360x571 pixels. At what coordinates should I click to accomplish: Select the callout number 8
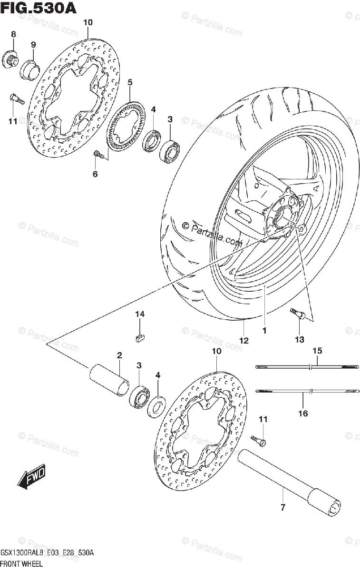[x=13, y=34]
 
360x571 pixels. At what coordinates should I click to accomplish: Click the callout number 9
[x=33, y=45]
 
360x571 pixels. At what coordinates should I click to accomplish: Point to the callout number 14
[x=139, y=314]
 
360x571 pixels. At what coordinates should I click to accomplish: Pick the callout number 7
[x=282, y=508]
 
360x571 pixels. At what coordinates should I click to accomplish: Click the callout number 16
[x=303, y=413]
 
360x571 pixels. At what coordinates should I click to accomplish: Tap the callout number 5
[x=129, y=82]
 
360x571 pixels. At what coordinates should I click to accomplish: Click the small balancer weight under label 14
[x=139, y=338]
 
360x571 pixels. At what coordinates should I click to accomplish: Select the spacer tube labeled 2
[x=109, y=379]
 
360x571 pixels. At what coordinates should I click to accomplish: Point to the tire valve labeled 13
[x=295, y=314]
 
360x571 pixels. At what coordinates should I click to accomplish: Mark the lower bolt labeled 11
[x=260, y=441]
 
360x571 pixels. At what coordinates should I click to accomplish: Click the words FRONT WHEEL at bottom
[x=21, y=564]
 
